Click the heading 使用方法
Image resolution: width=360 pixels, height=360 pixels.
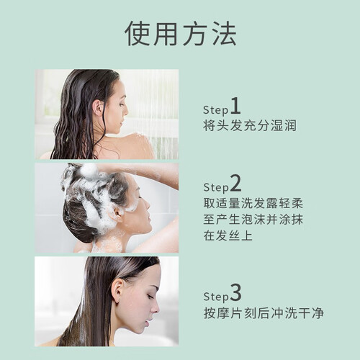(181, 33)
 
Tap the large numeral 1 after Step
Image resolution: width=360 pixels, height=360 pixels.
(235, 106)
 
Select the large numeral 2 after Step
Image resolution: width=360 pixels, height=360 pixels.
(235, 183)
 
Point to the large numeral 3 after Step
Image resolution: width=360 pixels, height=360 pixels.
(235, 292)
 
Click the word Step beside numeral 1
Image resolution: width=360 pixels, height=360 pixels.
(215, 110)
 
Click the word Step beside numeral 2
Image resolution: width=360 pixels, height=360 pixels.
(216, 187)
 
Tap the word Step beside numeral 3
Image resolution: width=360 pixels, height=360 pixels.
(216, 297)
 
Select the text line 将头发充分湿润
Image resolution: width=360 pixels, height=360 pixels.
(250, 125)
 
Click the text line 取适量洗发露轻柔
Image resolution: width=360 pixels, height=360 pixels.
(253, 203)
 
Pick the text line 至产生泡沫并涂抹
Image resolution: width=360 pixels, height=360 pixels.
(253, 219)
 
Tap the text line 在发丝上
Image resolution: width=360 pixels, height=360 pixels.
(228, 235)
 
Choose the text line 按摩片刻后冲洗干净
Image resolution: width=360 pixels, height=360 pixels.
(264, 313)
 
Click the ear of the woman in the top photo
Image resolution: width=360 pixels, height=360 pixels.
(98, 108)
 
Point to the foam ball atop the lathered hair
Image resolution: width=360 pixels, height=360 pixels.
(89, 170)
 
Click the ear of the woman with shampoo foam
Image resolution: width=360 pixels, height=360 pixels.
(118, 212)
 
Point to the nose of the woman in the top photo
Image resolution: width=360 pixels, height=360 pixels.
(126, 112)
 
